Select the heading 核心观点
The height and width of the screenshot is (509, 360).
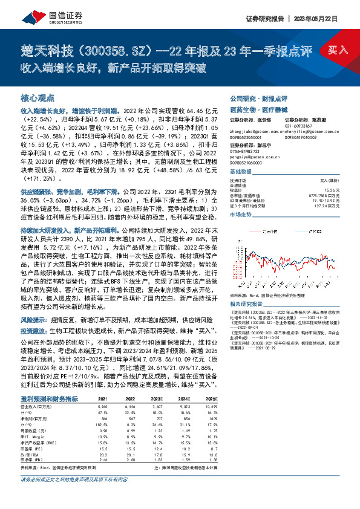click(38, 97)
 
